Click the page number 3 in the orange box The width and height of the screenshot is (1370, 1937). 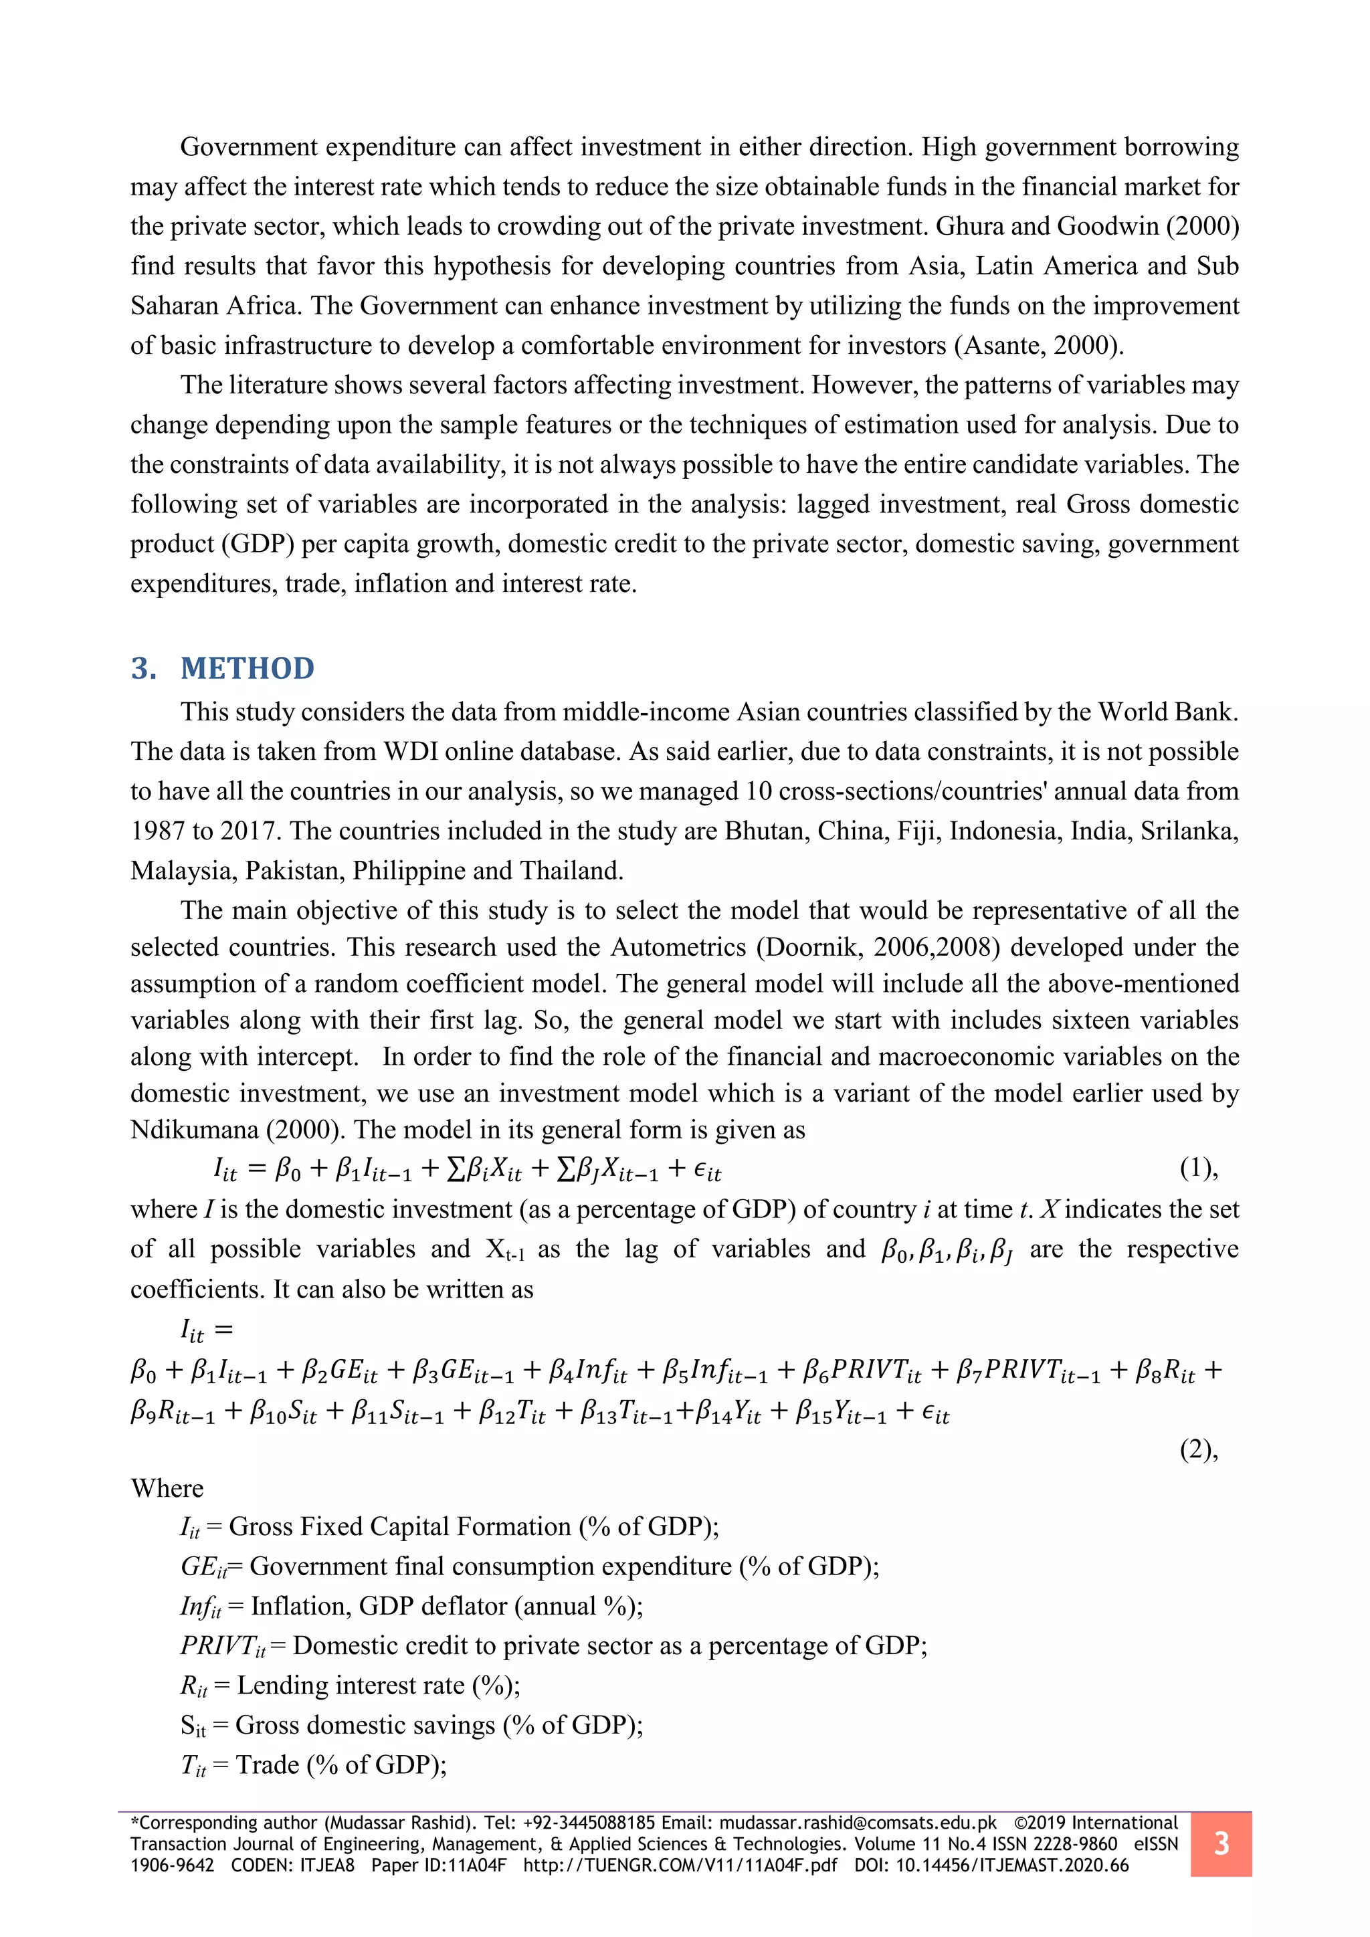(x=1221, y=1844)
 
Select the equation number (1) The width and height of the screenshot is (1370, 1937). (x=1199, y=1168)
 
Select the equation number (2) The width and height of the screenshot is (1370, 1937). (x=1199, y=1449)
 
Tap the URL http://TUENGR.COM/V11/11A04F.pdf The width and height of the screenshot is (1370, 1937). (x=680, y=1865)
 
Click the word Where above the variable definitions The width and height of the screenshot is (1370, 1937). (x=167, y=1488)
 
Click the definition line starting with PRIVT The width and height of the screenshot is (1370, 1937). (x=553, y=1646)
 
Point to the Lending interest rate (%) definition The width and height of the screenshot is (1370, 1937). (x=350, y=1686)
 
